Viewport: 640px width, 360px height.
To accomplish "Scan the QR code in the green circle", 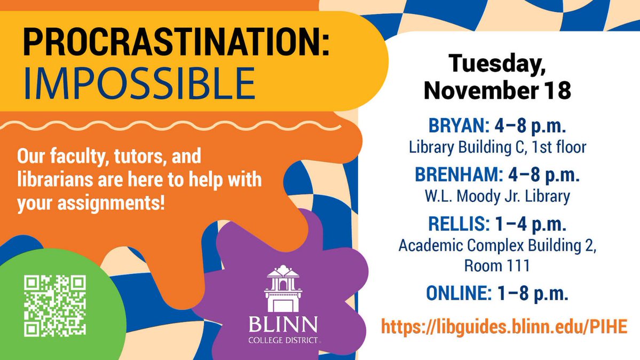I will pos(55,305).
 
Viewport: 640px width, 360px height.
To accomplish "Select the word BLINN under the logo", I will pos(283,324).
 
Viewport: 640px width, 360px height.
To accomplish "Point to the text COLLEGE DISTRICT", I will pos(283,339).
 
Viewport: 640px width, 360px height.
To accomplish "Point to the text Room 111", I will pos(496,265).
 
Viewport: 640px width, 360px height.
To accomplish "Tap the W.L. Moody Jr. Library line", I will pos(497,197).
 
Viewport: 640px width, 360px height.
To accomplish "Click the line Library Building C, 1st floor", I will pos(497,147).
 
